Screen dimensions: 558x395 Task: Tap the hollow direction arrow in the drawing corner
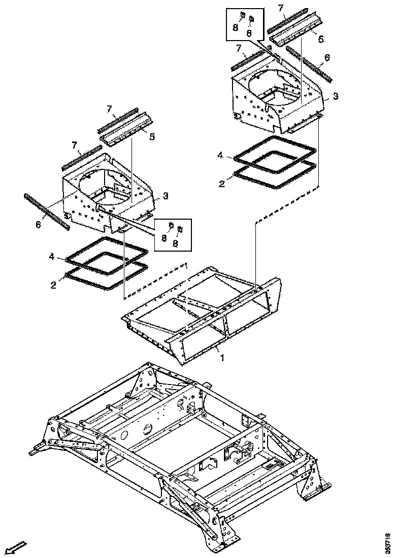click(17, 546)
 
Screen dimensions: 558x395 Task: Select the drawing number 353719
click(388, 541)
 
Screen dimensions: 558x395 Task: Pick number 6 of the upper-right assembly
click(327, 58)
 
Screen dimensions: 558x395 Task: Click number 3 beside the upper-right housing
click(336, 96)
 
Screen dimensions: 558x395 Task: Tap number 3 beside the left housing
click(166, 195)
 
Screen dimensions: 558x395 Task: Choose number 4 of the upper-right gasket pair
click(220, 156)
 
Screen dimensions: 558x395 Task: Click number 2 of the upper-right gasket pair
click(221, 184)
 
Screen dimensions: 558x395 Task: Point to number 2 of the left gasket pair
click(53, 286)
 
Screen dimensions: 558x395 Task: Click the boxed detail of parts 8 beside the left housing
click(173, 234)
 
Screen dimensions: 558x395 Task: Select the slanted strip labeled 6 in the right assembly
click(309, 63)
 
